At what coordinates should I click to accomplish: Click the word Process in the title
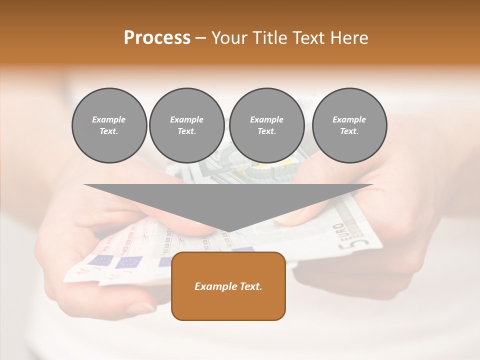coord(157,38)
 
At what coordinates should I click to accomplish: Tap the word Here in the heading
coord(349,38)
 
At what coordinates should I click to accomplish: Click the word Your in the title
coord(229,38)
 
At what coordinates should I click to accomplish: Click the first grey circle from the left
coord(109,125)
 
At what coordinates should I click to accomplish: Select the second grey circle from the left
coord(186,125)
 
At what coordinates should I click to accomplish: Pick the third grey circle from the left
coord(266,125)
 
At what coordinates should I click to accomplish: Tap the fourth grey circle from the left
coord(349,125)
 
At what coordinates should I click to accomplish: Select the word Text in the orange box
coord(250,286)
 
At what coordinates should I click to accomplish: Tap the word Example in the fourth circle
coord(349,120)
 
